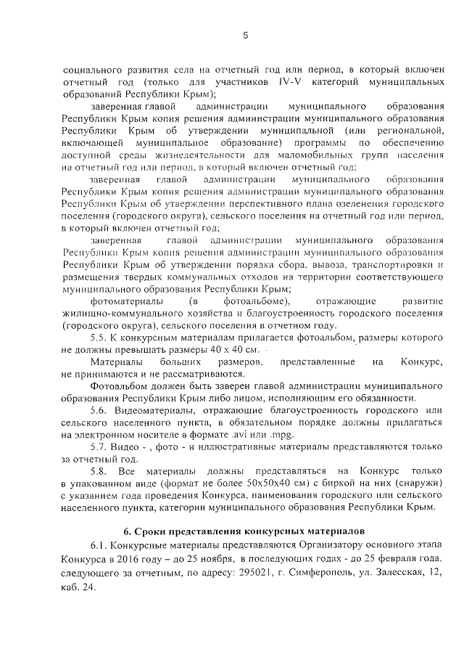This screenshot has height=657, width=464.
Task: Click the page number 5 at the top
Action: (x=245, y=36)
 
